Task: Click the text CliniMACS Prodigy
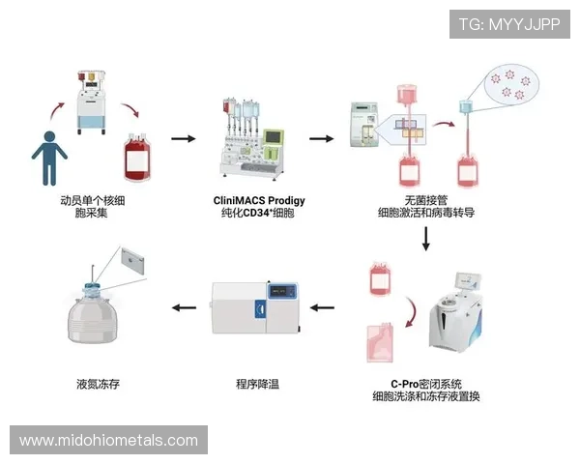click(258, 201)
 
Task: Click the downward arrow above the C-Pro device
click(425, 238)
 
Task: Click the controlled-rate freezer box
click(258, 306)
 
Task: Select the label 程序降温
click(258, 384)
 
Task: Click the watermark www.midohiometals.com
click(108, 441)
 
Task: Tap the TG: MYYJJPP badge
click(509, 23)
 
